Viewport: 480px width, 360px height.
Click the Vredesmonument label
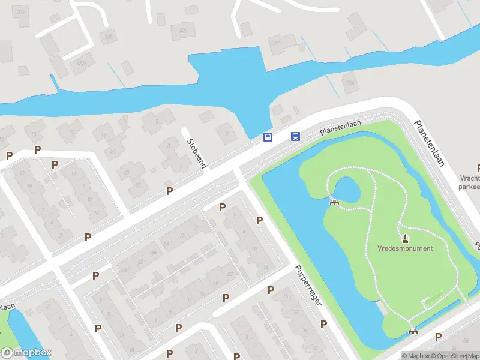[x=405, y=248]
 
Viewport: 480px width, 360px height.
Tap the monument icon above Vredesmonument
[x=404, y=238]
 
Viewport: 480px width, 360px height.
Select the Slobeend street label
[x=197, y=154]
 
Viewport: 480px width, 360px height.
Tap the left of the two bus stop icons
[x=268, y=137]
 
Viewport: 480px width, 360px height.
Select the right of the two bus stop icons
[x=295, y=136]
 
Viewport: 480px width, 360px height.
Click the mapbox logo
[x=26, y=353]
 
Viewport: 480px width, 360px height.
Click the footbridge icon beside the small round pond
[x=334, y=202]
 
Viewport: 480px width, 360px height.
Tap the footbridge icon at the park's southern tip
[x=413, y=331]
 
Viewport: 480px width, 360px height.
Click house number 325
[x=109, y=37]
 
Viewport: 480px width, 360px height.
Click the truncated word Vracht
[x=470, y=178]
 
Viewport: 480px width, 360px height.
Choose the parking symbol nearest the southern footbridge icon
[x=438, y=337]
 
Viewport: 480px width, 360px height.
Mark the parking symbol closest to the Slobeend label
[x=169, y=191]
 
